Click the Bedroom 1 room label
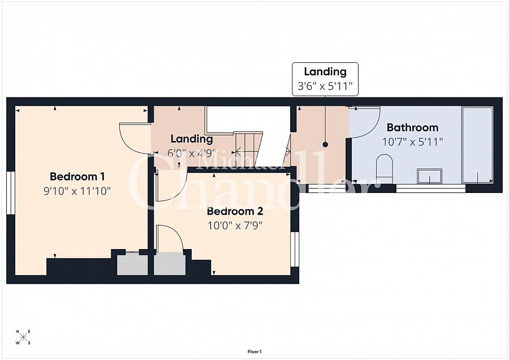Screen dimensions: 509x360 (x=77, y=177)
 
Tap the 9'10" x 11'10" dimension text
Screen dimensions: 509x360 (x=77, y=191)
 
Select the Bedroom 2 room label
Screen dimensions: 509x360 (x=235, y=211)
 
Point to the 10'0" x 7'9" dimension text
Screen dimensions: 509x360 (x=235, y=225)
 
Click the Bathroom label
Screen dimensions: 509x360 (x=413, y=127)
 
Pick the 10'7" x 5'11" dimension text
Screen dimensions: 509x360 (x=413, y=142)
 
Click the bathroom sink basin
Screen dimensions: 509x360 (x=429, y=176)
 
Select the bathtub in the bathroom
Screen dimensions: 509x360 (x=477, y=145)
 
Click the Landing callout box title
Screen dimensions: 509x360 (x=325, y=71)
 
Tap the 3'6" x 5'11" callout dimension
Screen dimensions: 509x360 (x=325, y=86)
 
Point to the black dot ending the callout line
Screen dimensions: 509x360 (x=325, y=144)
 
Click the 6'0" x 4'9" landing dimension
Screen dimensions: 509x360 (x=192, y=153)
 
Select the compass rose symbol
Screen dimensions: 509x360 (x=23, y=337)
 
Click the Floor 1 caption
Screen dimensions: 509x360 (x=255, y=352)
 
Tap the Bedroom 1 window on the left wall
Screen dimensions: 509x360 (x=11, y=192)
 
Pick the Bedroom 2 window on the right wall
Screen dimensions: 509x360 (x=295, y=249)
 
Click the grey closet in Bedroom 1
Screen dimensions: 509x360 (x=132, y=265)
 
